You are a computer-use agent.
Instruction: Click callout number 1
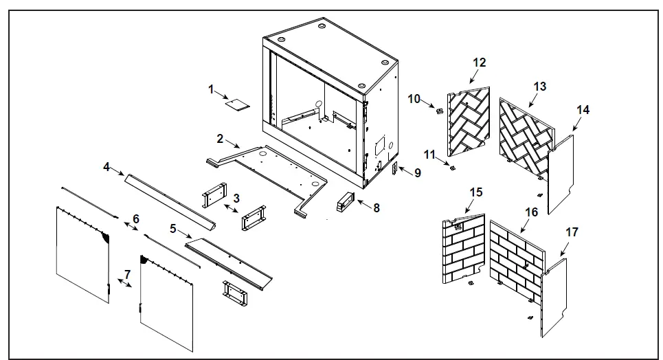coord(212,89)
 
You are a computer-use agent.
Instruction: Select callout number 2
coord(220,139)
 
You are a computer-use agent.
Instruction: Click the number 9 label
coord(417,173)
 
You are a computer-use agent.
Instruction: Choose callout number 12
coord(479,63)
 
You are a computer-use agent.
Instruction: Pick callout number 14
coord(583,109)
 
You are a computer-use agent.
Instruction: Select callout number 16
coord(531,212)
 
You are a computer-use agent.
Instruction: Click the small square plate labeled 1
coord(238,105)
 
